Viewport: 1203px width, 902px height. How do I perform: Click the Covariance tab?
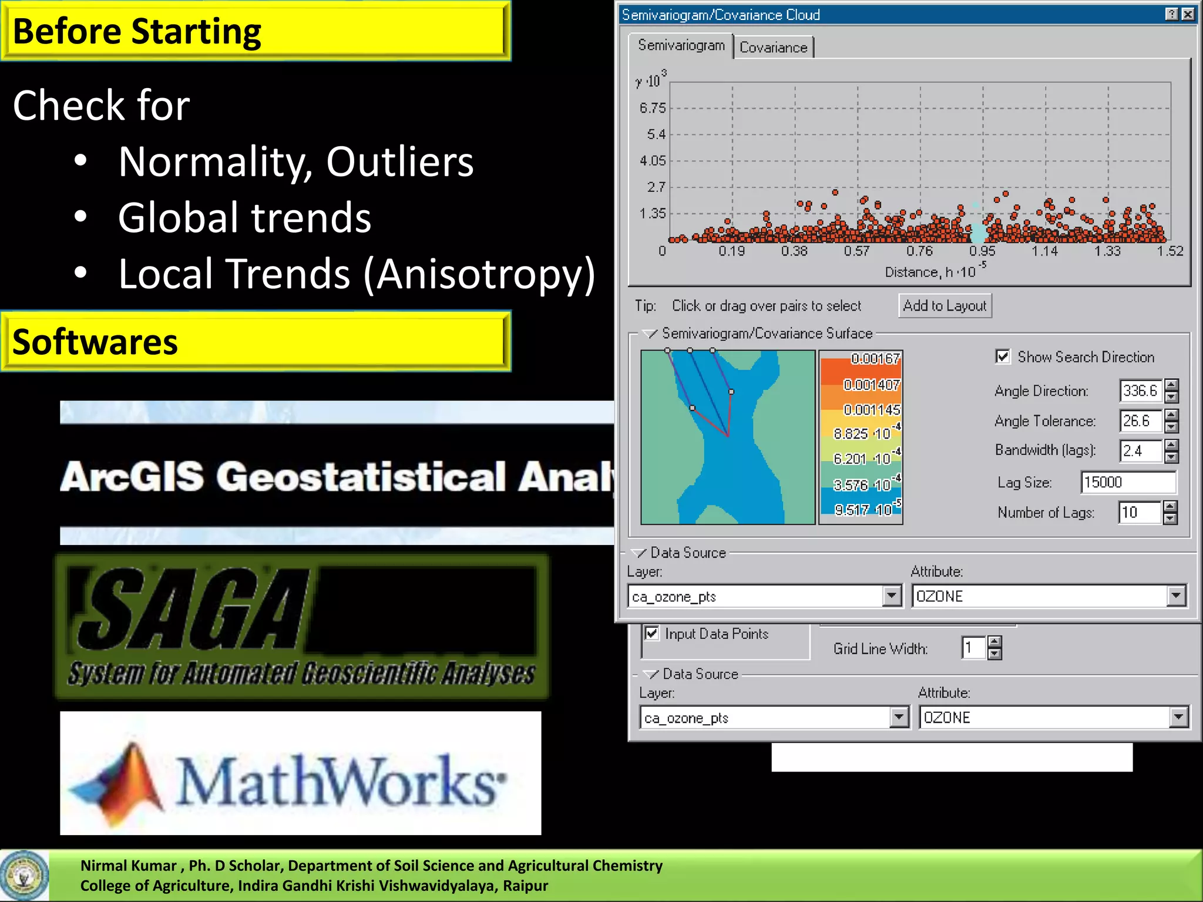[773, 48]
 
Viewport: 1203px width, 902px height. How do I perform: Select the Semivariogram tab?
[681, 45]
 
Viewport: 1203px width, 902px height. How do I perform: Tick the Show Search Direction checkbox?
[1003, 356]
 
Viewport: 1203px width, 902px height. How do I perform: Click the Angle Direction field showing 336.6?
[1140, 391]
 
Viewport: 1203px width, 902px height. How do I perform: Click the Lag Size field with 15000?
[1128, 482]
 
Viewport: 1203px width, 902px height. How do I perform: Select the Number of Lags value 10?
[1139, 512]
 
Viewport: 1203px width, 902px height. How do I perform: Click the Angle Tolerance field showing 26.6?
[1140, 420]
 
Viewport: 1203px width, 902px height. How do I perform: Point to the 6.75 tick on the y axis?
[653, 108]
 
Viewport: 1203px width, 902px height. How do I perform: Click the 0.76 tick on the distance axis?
[919, 251]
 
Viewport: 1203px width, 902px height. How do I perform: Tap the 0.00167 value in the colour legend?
[875, 358]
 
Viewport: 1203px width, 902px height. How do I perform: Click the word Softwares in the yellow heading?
[95, 342]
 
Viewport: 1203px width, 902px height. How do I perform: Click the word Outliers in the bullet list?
[399, 161]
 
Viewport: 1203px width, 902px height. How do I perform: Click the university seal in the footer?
[23, 876]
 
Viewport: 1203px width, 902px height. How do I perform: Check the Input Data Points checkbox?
[651, 633]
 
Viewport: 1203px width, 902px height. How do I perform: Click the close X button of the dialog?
[1188, 14]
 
